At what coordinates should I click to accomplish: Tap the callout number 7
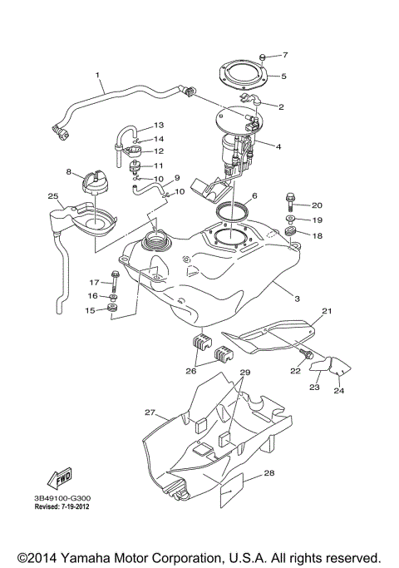[284, 55]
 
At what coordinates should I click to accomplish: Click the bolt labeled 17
[115, 278]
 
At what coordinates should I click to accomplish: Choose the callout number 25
[52, 196]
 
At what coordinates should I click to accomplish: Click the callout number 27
[150, 412]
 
